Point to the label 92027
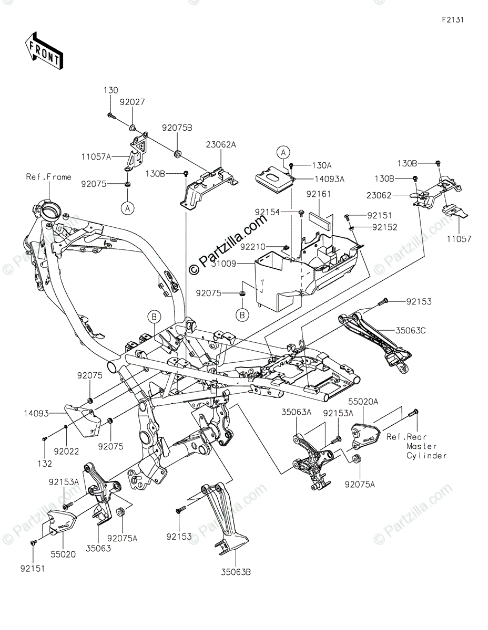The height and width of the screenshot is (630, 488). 132,102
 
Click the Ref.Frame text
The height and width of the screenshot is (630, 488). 48,177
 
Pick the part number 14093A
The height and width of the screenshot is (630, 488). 330,179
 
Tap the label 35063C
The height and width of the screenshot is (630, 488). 404,331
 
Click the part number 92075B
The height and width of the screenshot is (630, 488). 177,128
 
